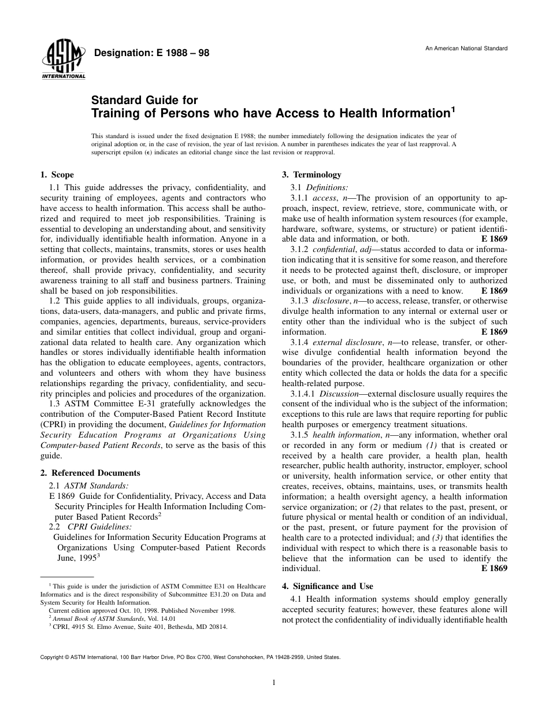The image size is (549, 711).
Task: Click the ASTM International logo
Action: tap(63, 62)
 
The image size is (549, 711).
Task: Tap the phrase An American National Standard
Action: tap(466, 49)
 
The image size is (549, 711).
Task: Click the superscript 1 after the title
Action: tap(454, 108)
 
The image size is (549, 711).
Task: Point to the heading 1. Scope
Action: tap(57, 175)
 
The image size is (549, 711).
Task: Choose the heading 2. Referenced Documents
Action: tap(90, 473)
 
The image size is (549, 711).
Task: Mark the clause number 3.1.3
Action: tap(299, 301)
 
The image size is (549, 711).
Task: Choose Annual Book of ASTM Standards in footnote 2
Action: tap(87, 618)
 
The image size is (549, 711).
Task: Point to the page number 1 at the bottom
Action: tap(274, 682)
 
